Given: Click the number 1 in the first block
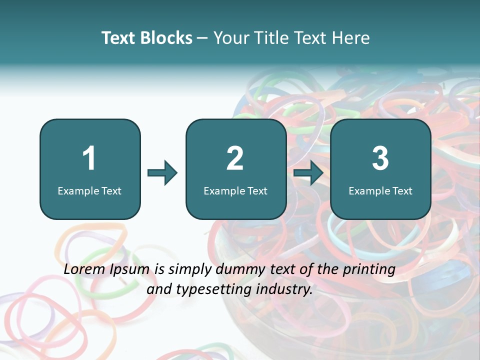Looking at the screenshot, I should (89, 158).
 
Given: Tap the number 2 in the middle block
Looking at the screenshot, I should (235, 158).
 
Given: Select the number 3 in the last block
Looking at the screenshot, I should (380, 158).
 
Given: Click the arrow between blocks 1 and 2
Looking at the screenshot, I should (162, 173).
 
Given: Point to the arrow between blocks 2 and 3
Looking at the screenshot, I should (308, 173).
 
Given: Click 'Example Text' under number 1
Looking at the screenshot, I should (89, 190).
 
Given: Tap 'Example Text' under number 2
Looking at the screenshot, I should (235, 190).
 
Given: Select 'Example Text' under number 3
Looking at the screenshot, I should (380, 190).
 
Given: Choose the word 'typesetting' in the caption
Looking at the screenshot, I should (216, 289).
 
